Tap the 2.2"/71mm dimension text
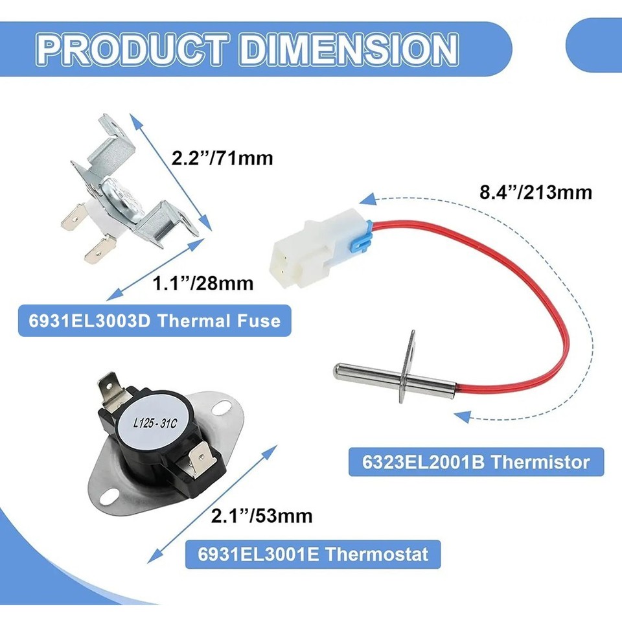[x=222, y=157]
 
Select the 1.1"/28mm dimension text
[x=202, y=283]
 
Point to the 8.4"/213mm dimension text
[x=534, y=192]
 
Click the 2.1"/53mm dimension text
[x=262, y=516]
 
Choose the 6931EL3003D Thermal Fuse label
[x=154, y=321]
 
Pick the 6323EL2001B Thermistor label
[x=476, y=463]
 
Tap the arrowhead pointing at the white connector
[x=367, y=200]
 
